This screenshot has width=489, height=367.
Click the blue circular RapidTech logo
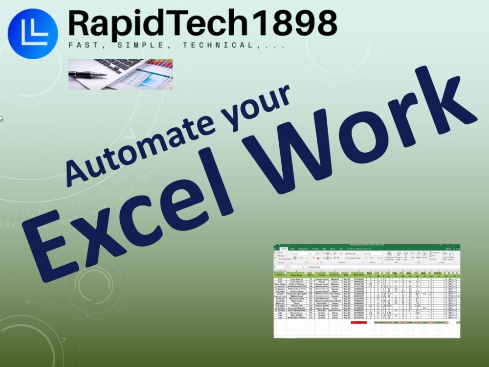pos(33,33)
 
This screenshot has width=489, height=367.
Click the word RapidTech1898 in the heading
pos(202,23)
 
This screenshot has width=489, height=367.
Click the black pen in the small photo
pos(88,74)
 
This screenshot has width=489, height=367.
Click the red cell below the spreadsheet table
pos(358,323)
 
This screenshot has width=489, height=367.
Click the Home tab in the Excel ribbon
pos(283,249)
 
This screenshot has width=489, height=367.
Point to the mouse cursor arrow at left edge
pos(1,118)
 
